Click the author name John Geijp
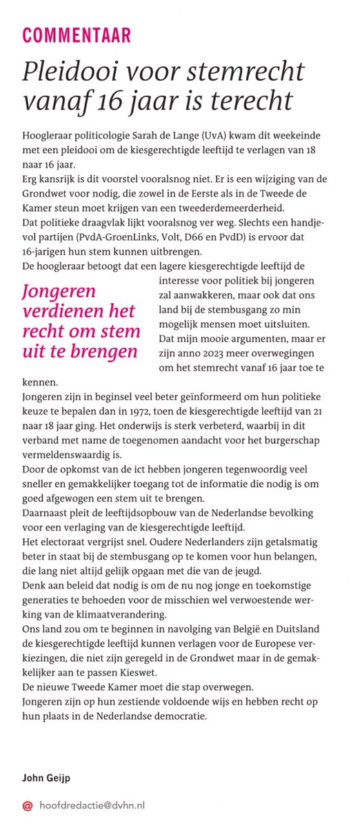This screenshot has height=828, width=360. point(47,779)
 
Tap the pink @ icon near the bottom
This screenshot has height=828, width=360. point(28,805)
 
